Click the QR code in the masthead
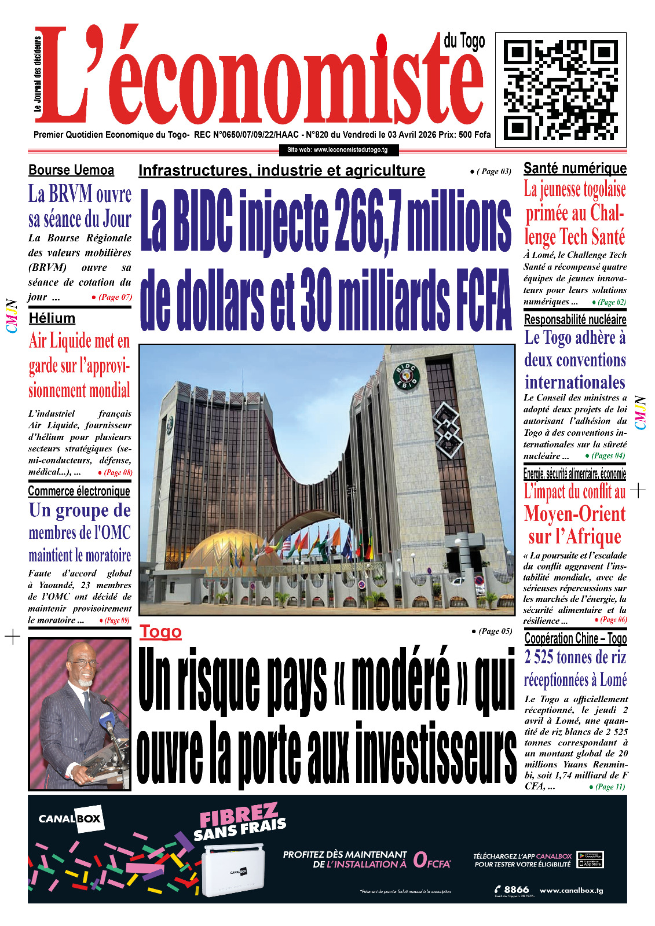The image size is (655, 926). point(561,90)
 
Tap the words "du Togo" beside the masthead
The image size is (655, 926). point(464,42)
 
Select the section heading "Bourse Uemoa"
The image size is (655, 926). point(71,170)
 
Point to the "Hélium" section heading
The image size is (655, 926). point(52,318)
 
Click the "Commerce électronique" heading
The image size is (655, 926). point(79,491)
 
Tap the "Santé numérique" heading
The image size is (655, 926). point(575,168)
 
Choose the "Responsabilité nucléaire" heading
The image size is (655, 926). point(575,319)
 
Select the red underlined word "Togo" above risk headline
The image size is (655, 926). point(160,631)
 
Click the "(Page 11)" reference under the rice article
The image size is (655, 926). point(610,787)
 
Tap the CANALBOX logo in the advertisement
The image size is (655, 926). point(70,819)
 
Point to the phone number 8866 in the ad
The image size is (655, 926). point(516,890)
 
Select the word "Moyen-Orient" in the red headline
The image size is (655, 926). point(575,514)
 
